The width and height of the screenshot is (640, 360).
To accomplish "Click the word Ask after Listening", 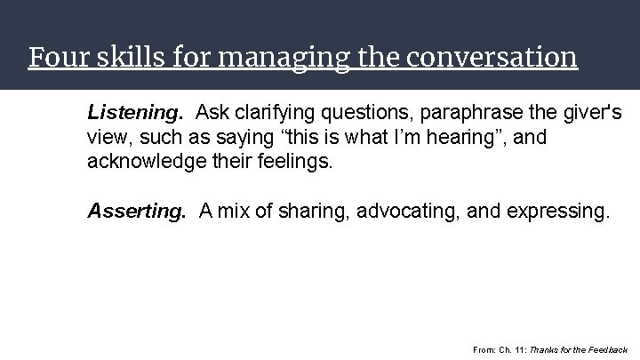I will point(213,113).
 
